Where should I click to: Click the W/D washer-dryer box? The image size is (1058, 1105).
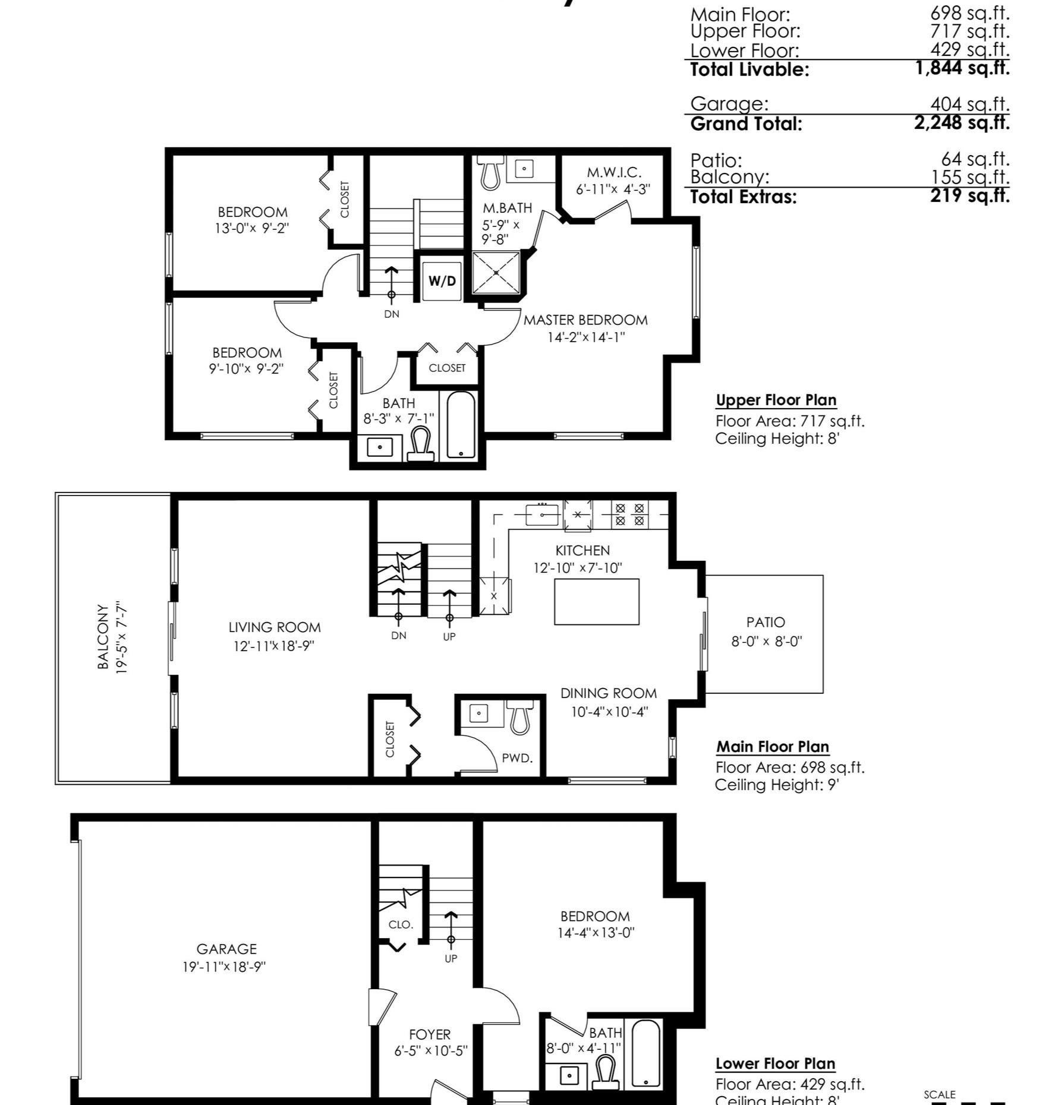(x=442, y=281)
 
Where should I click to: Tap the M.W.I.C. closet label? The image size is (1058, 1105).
(x=614, y=172)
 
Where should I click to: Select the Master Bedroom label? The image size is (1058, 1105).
(x=585, y=320)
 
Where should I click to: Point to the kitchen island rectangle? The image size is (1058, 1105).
(x=597, y=602)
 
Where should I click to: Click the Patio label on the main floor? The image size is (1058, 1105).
(x=766, y=622)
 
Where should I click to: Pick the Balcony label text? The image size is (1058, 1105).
(x=103, y=637)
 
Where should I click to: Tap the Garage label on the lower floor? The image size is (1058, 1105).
(x=226, y=949)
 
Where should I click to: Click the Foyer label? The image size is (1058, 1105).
(x=430, y=1034)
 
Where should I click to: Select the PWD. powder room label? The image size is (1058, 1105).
(x=517, y=758)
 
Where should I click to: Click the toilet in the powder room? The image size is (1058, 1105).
(x=521, y=717)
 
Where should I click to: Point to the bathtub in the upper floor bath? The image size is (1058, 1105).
(x=461, y=425)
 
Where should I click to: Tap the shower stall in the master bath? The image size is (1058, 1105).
(x=496, y=273)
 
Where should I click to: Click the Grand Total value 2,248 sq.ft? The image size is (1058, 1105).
(x=962, y=122)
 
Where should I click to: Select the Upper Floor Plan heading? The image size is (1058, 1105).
(x=776, y=400)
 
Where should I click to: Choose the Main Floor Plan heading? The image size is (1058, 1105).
(x=773, y=747)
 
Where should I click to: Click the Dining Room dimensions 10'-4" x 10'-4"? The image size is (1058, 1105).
(x=609, y=712)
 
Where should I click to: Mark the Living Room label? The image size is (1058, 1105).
(x=275, y=627)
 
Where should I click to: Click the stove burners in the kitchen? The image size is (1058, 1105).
(x=629, y=514)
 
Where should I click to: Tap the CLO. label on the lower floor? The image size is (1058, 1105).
(x=401, y=924)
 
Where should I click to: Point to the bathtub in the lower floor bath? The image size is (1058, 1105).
(x=645, y=1054)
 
